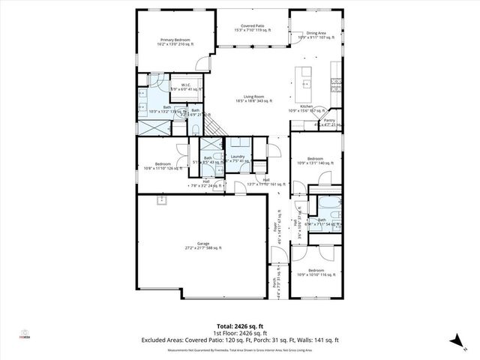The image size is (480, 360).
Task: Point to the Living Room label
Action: tap(249, 97)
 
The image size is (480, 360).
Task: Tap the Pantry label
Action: tap(328, 120)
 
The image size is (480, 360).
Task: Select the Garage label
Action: tap(202, 244)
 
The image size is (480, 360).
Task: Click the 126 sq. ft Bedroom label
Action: tap(163, 164)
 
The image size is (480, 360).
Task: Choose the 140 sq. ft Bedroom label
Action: tap(315, 159)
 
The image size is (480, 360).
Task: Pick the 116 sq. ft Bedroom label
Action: tap(316, 270)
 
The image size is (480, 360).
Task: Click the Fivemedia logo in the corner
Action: tap(24, 334)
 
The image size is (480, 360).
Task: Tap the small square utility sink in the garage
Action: tap(160, 200)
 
